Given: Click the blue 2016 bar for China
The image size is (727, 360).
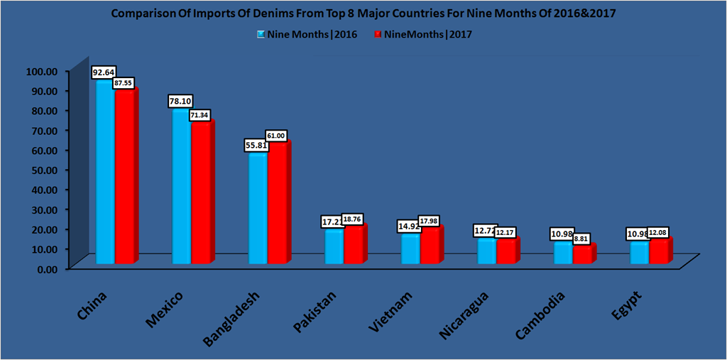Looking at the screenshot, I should point(105,170).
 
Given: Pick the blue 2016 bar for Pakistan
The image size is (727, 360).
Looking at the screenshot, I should point(334,246).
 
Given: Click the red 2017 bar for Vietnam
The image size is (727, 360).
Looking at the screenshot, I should point(430,246).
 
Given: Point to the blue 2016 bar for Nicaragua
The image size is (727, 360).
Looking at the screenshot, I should point(487,251).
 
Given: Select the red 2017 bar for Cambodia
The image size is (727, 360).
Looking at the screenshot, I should point(582,254).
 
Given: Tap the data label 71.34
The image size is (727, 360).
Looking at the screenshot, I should point(199,114).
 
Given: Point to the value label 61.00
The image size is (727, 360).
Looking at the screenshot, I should point(276,135).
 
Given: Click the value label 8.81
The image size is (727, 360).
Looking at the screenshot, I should point(583,239).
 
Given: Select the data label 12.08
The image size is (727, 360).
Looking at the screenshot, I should point(660,233).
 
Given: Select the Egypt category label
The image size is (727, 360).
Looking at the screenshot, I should point(625,307).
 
